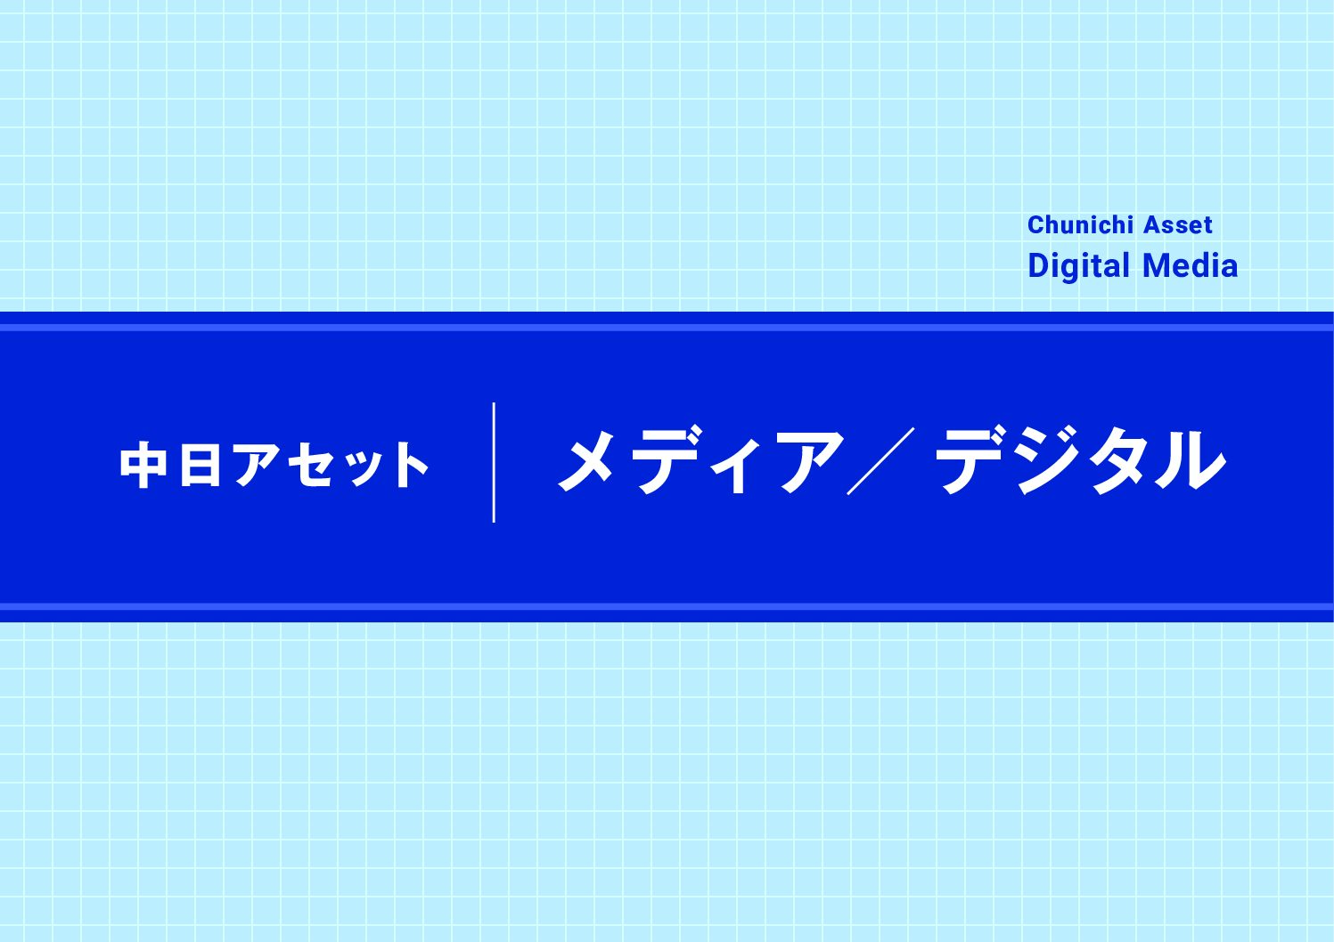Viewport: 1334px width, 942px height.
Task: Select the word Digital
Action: pos(1078,266)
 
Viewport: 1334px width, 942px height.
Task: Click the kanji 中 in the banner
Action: pos(143,465)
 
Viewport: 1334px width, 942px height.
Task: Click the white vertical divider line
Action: pos(494,462)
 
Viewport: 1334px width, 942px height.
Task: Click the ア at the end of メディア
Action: pos(809,462)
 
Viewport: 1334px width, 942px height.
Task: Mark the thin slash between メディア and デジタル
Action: pos(880,461)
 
